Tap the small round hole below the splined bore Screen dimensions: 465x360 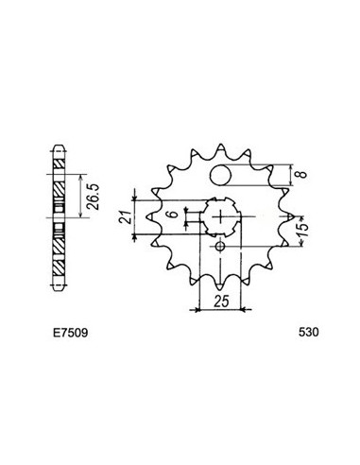tap(219, 248)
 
